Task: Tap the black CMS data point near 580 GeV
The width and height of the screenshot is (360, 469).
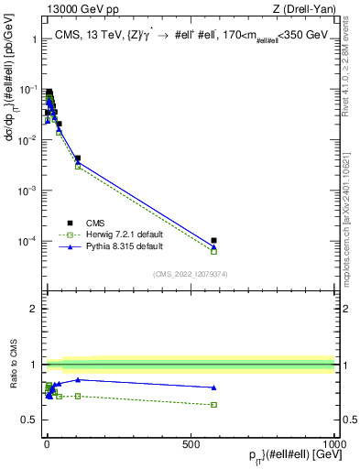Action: (x=213, y=241)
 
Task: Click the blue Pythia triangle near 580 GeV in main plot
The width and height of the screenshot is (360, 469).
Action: (x=213, y=246)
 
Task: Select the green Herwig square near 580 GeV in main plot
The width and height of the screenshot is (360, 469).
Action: (x=213, y=250)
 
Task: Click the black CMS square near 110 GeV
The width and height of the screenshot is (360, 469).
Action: (x=78, y=158)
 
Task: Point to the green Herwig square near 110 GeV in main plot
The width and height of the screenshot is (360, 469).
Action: (x=78, y=166)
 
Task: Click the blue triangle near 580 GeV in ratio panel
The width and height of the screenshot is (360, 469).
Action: (x=213, y=387)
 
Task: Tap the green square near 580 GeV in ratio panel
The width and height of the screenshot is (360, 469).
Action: (x=213, y=404)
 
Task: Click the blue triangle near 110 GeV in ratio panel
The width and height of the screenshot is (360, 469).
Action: (x=78, y=379)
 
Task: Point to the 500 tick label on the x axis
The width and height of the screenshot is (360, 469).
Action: (x=191, y=442)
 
